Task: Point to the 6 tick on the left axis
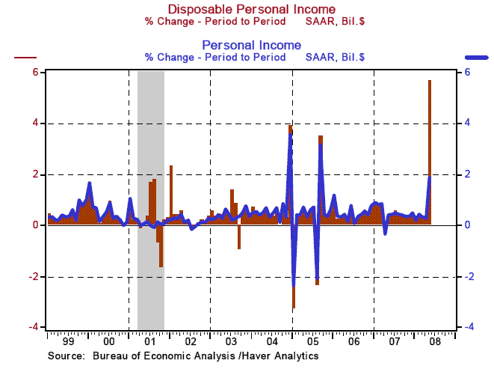34,72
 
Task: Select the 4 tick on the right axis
466,123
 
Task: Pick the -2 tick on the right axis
466,277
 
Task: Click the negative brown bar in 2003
239,237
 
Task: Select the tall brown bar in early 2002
171,195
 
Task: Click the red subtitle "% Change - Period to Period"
213,21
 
